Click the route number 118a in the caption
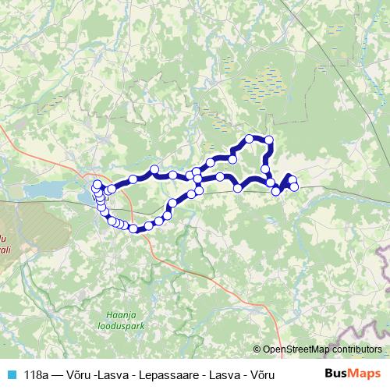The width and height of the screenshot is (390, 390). point(37,375)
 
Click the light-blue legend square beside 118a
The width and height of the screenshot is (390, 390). point(11,375)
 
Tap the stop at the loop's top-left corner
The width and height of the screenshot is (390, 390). point(250,140)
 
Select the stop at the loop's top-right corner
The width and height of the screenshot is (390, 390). point(269,140)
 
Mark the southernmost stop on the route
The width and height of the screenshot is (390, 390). point(133,229)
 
